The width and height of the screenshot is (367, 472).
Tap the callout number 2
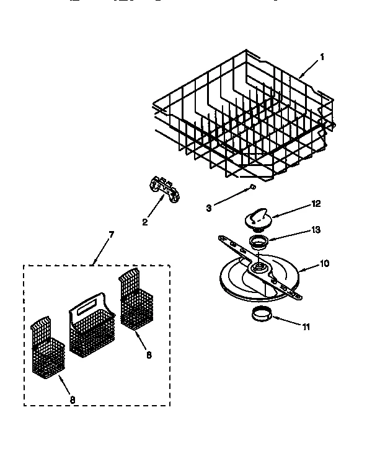click(x=144, y=222)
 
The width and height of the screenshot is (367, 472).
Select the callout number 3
click(x=209, y=208)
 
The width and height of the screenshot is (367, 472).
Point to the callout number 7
click(x=112, y=234)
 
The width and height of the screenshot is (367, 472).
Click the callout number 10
click(x=324, y=263)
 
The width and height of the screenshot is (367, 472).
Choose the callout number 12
click(x=317, y=203)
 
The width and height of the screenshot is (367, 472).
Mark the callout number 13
click(x=316, y=230)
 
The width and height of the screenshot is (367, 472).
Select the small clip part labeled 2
click(x=162, y=188)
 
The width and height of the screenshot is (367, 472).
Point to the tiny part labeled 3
click(x=252, y=186)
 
